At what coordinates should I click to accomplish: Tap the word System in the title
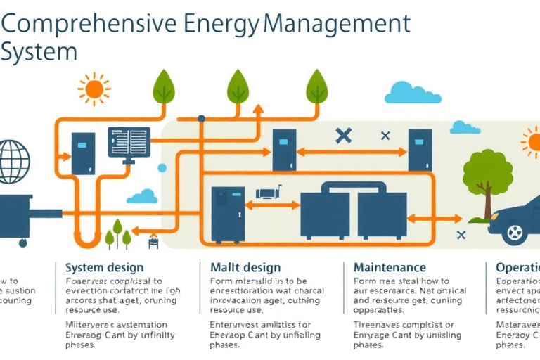click(x=38, y=53)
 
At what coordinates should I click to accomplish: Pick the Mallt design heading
click(x=245, y=267)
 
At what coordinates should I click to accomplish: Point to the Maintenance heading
click(x=390, y=267)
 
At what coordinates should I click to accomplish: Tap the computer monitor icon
click(x=129, y=143)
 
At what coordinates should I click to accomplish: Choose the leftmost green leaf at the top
click(x=165, y=85)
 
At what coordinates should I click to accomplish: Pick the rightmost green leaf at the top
click(x=317, y=85)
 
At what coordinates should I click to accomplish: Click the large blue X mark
click(x=343, y=135)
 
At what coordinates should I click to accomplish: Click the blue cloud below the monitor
click(x=143, y=196)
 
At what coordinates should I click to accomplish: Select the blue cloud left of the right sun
click(x=465, y=127)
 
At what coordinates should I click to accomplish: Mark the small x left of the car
click(x=461, y=234)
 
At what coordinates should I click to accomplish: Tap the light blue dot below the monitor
click(x=162, y=168)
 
